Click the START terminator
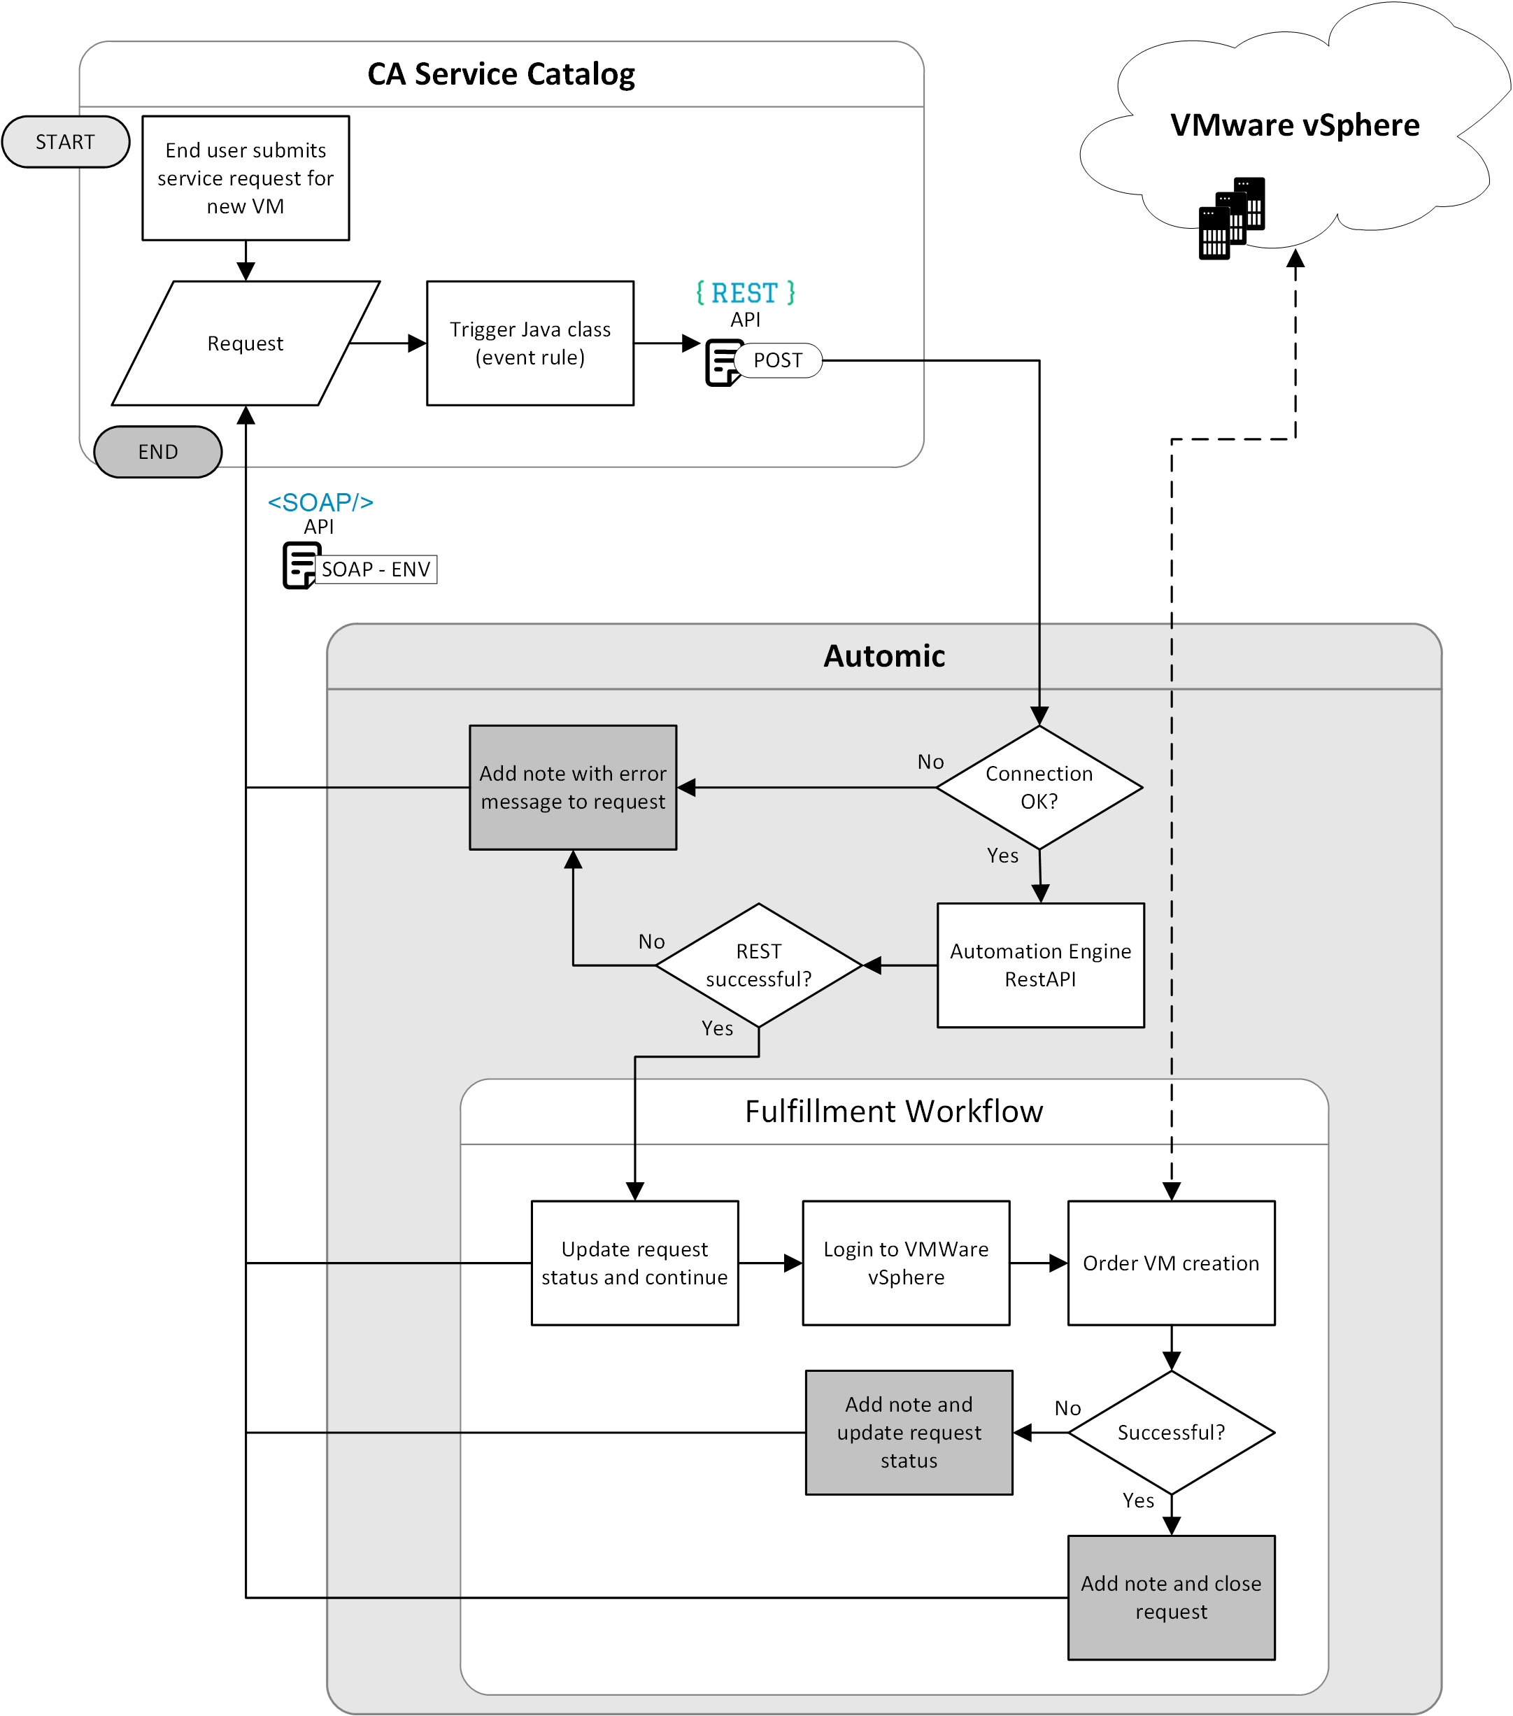pos(66,142)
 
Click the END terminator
pos(158,452)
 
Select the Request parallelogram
pos(245,343)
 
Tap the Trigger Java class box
pos(530,343)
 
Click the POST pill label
pos(778,360)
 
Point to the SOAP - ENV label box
pos(376,569)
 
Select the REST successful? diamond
pos(758,965)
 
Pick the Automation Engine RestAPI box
pos(1040,965)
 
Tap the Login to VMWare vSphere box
pos(906,1263)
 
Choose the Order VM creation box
pos(1170,1263)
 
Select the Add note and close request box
pos(1170,1597)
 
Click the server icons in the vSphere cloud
pos(1231,218)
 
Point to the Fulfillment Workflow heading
pos(893,1112)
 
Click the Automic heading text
pos(883,655)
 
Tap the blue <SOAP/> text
pos(320,502)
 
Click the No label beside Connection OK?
pos(930,761)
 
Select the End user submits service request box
pos(245,178)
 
